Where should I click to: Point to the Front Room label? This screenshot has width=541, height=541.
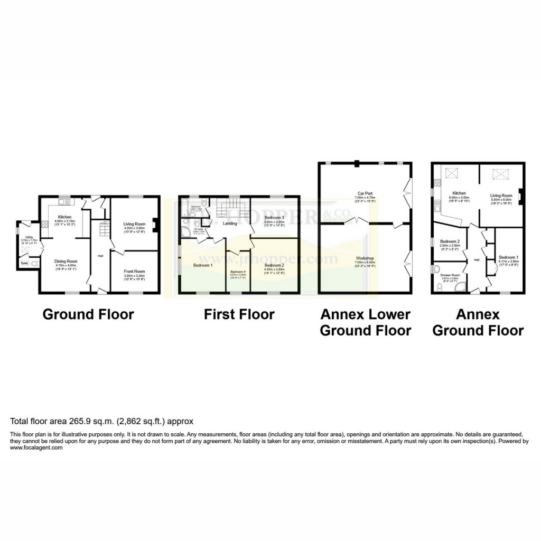click(134, 271)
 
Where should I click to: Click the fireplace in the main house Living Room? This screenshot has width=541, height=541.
click(154, 226)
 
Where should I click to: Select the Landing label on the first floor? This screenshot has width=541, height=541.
click(230, 223)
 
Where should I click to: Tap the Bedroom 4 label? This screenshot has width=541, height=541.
click(238, 271)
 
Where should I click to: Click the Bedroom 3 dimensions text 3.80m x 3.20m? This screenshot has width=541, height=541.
click(275, 222)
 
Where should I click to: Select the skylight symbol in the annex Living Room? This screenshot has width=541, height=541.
click(499, 174)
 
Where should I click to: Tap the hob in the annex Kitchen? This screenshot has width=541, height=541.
click(436, 183)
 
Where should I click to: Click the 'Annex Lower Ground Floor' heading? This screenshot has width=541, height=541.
click(366, 322)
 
